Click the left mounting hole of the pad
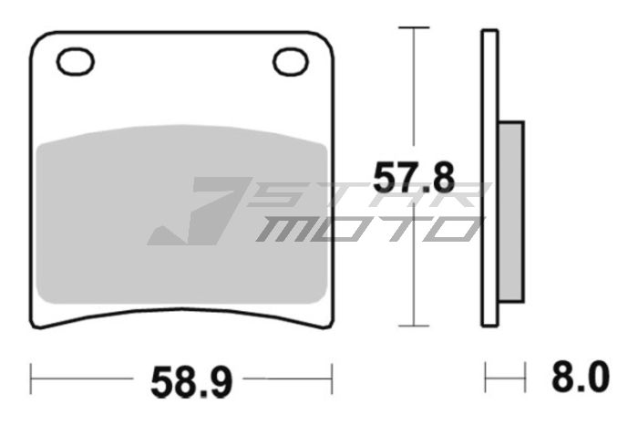coord(75,62)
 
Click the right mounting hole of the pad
coord(291,62)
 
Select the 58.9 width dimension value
coord(182,377)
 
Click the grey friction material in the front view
coord(182,219)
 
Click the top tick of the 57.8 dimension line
coord(415,28)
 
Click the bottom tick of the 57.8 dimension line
coord(415,327)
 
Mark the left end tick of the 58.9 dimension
coord(32,376)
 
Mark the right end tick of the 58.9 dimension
coord(332,376)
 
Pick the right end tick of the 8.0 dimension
coord(526,376)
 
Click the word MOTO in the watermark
coord(365,228)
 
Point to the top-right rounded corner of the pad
coord(325,38)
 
